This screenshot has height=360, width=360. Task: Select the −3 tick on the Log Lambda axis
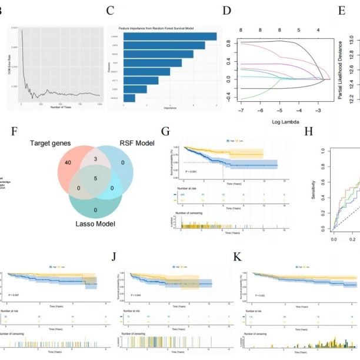318,110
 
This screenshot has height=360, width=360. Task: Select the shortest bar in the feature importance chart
129,98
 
